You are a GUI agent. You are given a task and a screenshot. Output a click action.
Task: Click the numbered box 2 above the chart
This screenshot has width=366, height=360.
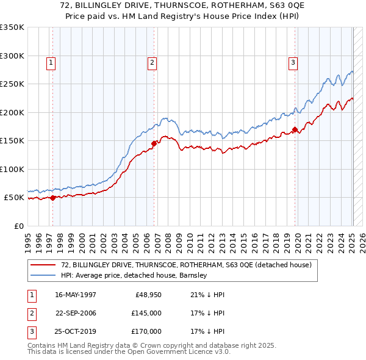pyautogui.click(x=152, y=62)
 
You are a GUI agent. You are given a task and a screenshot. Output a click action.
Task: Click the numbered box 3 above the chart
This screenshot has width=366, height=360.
pyautogui.click(x=293, y=62)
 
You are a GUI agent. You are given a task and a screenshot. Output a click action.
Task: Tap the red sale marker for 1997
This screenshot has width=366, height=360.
pyautogui.click(x=53, y=198)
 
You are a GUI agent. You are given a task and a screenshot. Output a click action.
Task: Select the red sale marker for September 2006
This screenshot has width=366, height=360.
pyautogui.click(x=154, y=143)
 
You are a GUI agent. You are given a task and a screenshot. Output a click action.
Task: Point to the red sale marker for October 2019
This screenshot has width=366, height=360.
pyautogui.click(x=295, y=129)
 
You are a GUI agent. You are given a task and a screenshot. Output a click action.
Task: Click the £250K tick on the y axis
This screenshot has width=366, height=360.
pyautogui.click(x=12, y=84)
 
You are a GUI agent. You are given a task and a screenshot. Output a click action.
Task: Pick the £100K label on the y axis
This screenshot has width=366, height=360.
pyautogui.click(x=12, y=170)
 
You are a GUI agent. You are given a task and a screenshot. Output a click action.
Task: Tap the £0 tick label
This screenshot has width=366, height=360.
pyautogui.click(x=18, y=226)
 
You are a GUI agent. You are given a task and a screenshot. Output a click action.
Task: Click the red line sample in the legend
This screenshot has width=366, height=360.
pyautogui.click(x=43, y=265)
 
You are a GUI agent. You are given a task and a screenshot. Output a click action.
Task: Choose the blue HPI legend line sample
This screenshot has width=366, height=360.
pyautogui.click(x=43, y=275)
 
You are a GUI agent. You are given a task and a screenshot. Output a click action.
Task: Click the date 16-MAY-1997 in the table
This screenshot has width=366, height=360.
pyautogui.click(x=76, y=295)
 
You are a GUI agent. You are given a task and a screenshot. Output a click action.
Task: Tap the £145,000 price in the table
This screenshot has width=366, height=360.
pyautogui.click(x=146, y=313)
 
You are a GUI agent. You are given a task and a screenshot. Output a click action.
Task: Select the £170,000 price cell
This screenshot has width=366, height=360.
pyautogui.click(x=146, y=331)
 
